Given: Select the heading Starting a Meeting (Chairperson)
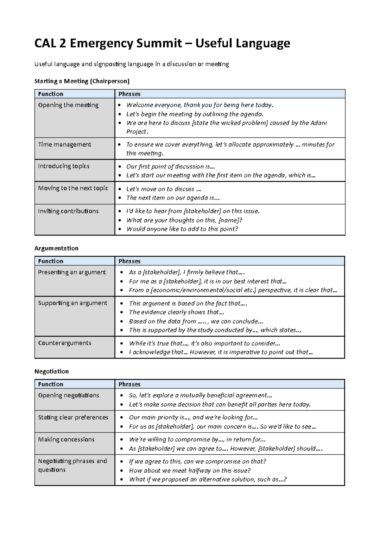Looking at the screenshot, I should point(82,81).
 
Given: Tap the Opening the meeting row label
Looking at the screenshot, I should point(68,105).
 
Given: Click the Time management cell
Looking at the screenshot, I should point(64,145).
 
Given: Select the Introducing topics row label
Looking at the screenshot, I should point(64,166).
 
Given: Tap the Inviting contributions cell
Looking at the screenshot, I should point(68,211).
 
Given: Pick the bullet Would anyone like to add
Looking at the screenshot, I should point(182,229).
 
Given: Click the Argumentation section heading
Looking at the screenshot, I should point(56,248).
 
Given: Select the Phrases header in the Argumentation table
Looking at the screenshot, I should point(129,261).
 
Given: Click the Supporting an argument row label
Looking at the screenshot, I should point(73,303).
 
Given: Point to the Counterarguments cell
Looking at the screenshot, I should point(65,343).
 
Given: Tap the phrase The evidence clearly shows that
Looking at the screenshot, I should point(176,312).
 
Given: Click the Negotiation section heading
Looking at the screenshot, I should point(51,371).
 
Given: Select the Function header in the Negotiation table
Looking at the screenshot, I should point(51,384).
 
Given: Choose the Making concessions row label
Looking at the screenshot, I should point(66,439).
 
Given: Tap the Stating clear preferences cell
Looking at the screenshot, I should point(73,417).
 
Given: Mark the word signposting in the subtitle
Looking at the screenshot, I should point(110,64).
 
